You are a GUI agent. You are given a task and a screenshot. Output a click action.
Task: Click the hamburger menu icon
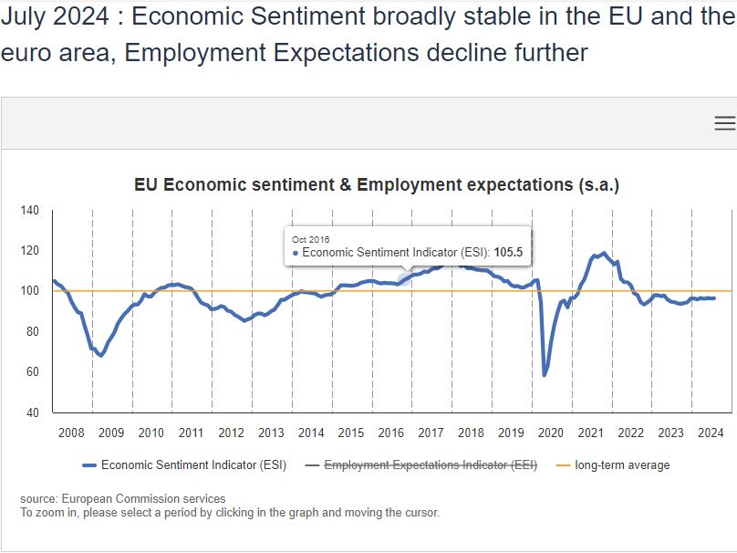click(x=724, y=123)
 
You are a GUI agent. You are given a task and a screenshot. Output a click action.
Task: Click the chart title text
click(x=377, y=184)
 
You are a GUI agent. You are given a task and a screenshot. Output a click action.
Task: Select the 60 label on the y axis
click(x=33, y=372)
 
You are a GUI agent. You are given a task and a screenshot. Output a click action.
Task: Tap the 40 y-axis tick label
click(x=33, y=412)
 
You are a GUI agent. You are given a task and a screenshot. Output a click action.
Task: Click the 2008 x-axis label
click(x=71, y=433)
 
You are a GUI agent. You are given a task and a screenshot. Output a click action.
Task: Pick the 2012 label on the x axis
click(x=231, y=433)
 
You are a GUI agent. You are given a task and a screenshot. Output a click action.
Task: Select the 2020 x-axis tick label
click(x=550, y=433)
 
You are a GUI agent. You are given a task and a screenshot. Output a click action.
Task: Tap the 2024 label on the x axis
click(x=710, y=433)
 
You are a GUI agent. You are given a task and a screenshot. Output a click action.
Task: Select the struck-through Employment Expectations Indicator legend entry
click(x=431, y=465)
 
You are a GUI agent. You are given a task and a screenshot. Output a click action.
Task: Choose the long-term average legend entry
click(x=621, y=465)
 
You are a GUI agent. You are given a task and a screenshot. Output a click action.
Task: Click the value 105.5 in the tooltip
click(x=512, y=253)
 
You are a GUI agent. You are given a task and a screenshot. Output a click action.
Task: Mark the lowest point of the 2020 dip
click(x=545, y=375)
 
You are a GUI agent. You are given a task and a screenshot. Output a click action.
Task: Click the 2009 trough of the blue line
click(x=100, y=355)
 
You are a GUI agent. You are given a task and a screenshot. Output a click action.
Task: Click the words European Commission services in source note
click(x=143, y=498)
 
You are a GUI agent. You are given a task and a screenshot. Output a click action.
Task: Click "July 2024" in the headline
click(x=55, y=17)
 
